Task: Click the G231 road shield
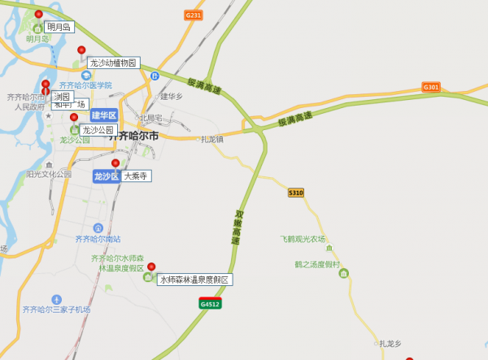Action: (x=193, y=15)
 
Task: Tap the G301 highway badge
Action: (x=430, y=87)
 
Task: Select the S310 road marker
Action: (x=296, y=193)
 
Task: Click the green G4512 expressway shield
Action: (x=210, y=303)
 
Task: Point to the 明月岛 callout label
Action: (x=59, y=27)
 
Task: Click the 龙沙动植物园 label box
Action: (x=114, y=63)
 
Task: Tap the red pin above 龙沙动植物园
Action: (x=81, y=50)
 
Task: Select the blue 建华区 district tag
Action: (x=104, y=115)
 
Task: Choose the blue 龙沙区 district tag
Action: (x=106, y=176)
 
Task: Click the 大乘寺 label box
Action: (x=136, y=176)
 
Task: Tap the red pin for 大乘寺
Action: (x=115, y=164)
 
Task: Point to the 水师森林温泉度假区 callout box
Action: (x=194, y=280)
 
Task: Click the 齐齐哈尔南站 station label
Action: (x=98, y=239)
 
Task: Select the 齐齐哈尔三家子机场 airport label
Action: (x=56, y=310)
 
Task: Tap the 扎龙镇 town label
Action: (x=212, y=139)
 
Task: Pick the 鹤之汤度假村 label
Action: (x=317, y=264)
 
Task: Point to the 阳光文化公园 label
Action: (x=49, y=174)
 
